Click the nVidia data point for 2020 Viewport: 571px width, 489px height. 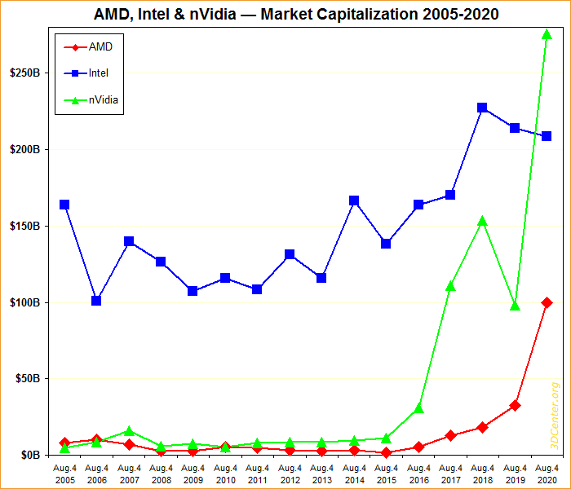(547, 34)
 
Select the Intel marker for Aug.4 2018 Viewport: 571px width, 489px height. (482, 108)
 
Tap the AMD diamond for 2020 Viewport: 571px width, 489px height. (547, 302)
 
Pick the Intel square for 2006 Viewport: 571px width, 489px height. (96, 301)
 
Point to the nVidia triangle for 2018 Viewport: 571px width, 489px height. (482, 221)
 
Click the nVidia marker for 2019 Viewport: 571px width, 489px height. (515, 306)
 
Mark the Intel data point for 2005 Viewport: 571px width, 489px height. (64, 205)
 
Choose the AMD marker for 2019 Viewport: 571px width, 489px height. (515, 405)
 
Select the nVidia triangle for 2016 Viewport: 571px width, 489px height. (418, 407)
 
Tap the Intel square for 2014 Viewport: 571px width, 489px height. (354, 200)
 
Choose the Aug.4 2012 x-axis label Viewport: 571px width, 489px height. (290, 474)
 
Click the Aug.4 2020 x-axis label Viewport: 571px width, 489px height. (547, 474)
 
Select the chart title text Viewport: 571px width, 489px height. (285, 14)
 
